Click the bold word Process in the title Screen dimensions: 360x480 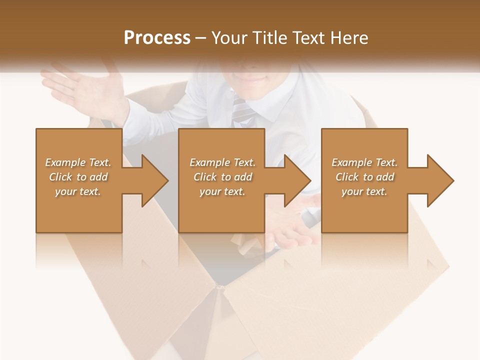click(157, 38)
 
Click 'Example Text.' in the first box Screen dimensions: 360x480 click(78, 162)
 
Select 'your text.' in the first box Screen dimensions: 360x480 click(78, 191)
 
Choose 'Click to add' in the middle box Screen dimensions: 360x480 click(222, 177)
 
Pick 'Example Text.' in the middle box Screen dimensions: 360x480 click(222, 162)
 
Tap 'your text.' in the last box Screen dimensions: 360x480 click(364, 191)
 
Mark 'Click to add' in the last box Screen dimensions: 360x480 click(364, 177)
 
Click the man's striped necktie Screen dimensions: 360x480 click(240, 110)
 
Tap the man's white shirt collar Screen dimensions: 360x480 click(270, 107)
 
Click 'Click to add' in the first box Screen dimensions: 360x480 click(78, 177)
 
